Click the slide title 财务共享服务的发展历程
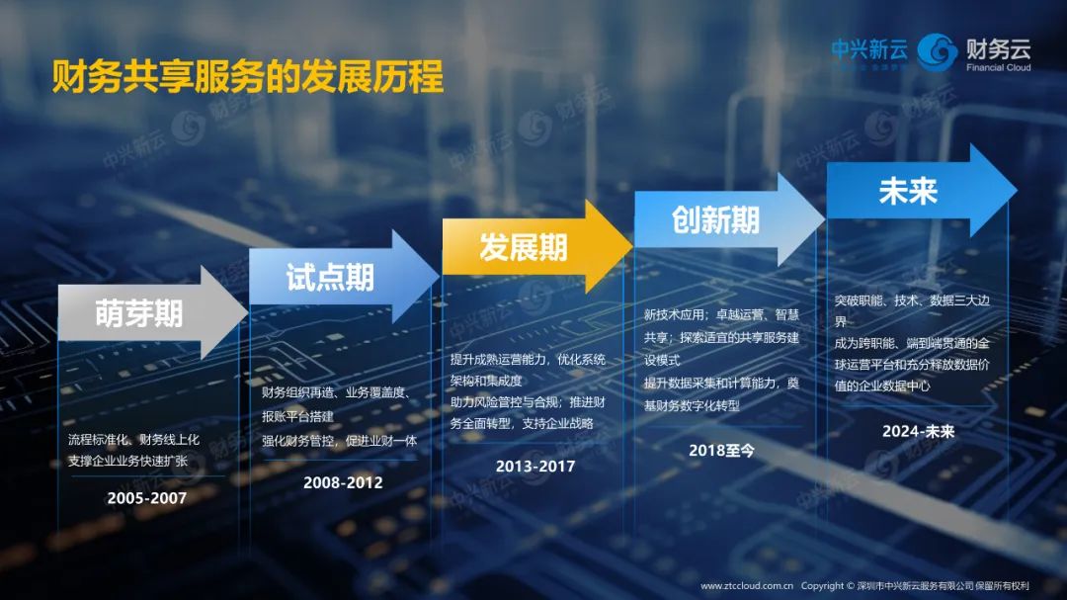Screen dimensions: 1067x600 (248, 76)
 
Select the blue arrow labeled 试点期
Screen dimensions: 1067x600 (344, 277)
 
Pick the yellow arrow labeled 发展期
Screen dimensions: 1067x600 (537, 246)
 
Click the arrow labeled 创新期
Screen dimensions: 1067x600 (729, 219)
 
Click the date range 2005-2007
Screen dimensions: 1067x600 (147, 498)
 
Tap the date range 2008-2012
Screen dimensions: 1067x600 (343, 482)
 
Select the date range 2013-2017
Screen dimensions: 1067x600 (535, 467)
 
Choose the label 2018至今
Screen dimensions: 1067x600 (721, 451)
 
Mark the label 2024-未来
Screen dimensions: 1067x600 (919, 432)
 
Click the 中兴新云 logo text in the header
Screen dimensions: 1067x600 (869, 49)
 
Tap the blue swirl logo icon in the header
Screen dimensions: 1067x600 (937, 51)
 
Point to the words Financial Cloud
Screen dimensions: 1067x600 (998, 67)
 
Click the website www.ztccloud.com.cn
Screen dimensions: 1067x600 (747, 586)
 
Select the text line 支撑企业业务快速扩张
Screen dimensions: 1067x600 (127, 461)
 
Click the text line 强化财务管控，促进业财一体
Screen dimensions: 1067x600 (340, 441)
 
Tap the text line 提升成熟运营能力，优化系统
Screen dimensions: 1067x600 (528, 360)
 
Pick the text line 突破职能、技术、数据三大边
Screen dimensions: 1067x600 (912, 300)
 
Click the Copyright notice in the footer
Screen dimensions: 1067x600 (915, 586)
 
